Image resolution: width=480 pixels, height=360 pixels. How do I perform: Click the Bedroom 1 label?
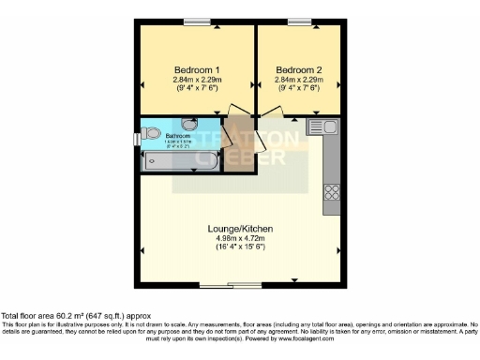197,70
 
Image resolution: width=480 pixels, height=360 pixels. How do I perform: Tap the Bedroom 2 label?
299,70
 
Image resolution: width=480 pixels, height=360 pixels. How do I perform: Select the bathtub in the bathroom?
180,161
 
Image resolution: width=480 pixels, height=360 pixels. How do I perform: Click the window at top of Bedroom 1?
197,21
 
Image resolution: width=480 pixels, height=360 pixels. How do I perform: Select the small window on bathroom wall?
137,140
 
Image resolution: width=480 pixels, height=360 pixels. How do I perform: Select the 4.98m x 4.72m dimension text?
240,239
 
